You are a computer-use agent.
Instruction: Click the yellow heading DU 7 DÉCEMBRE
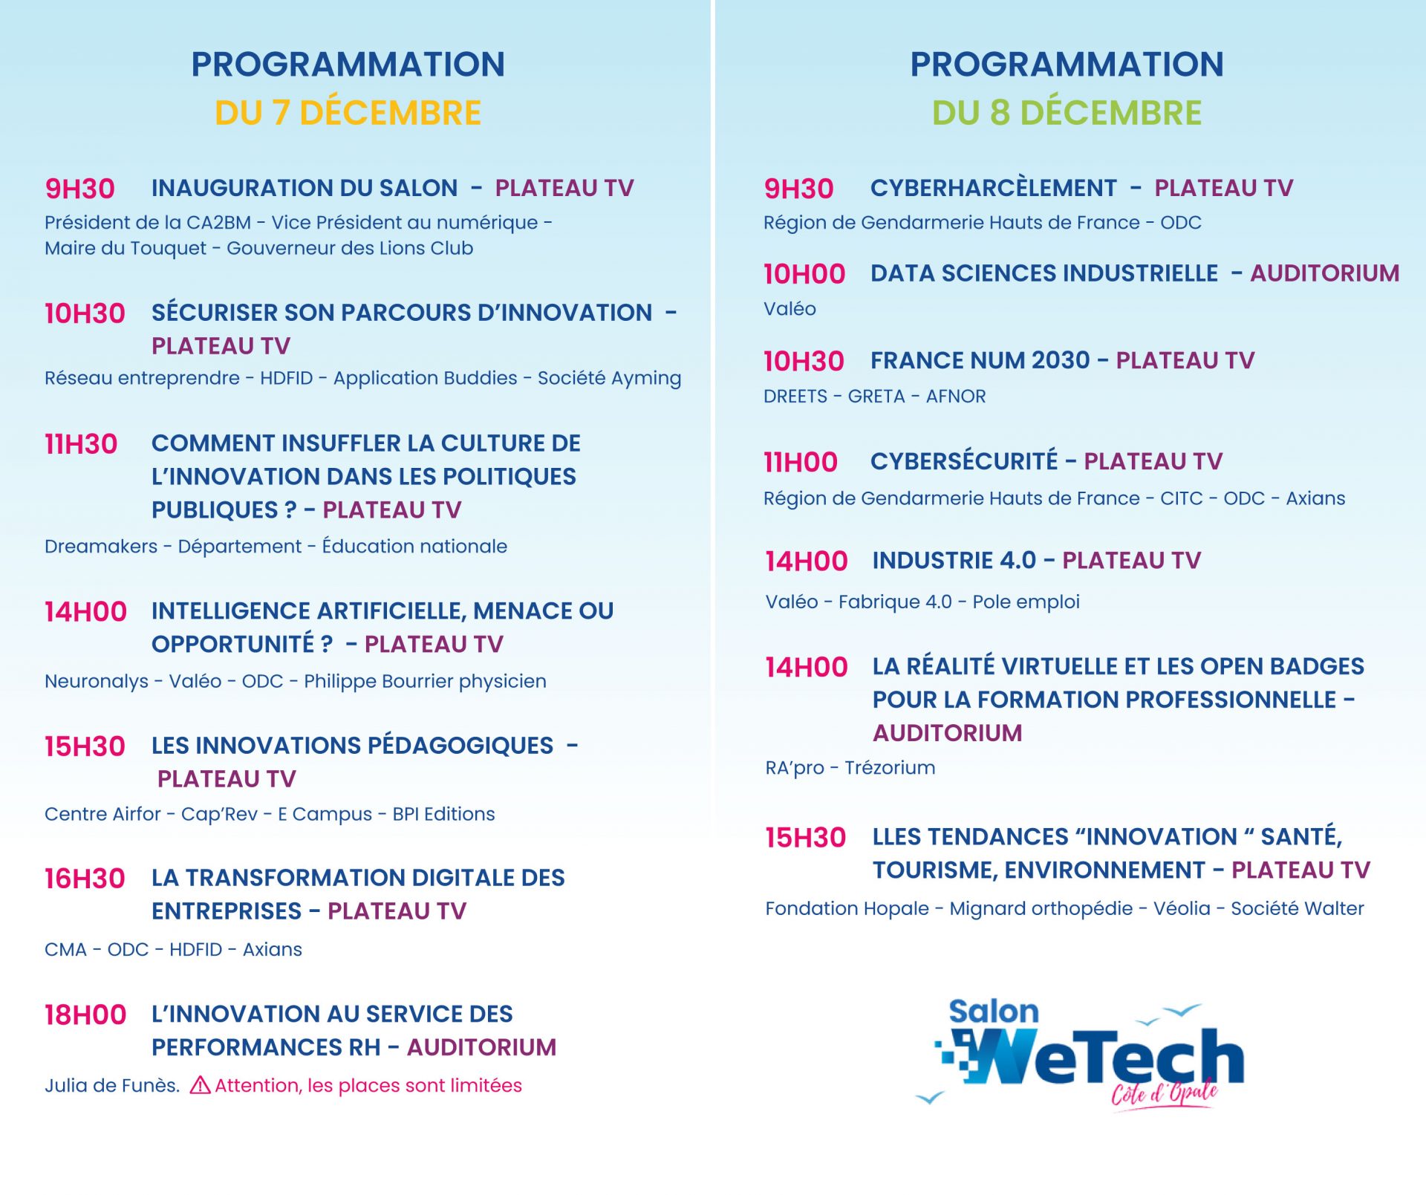coord(348,113)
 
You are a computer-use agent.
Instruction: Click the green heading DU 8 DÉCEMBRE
coord(1067,113)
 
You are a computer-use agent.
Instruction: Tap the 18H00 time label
coord(85,1015)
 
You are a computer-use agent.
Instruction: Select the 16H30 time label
coord(85,879)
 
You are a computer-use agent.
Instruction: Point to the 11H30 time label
coord(81,444)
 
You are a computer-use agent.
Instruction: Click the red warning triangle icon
coord(200,1085)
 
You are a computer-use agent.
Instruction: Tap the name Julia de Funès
coord(112,1086)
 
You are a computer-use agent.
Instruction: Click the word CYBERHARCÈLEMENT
coord(993,188)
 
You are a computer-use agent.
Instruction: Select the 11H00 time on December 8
coord(801,462)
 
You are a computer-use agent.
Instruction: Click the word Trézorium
coord(890,767)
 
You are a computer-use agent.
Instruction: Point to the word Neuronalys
coord(97,681)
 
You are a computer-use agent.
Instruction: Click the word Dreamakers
coord(101,546)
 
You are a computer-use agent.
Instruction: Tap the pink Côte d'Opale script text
coord(1164,1093)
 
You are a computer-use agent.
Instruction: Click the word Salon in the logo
coord(994,1012)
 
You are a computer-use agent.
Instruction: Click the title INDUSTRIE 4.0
coord(954,560)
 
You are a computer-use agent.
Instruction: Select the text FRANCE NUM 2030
coord(980,360)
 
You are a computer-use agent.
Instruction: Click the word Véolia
coord(1182,908)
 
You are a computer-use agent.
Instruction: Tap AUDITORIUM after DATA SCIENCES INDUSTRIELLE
coord(1325,273)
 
